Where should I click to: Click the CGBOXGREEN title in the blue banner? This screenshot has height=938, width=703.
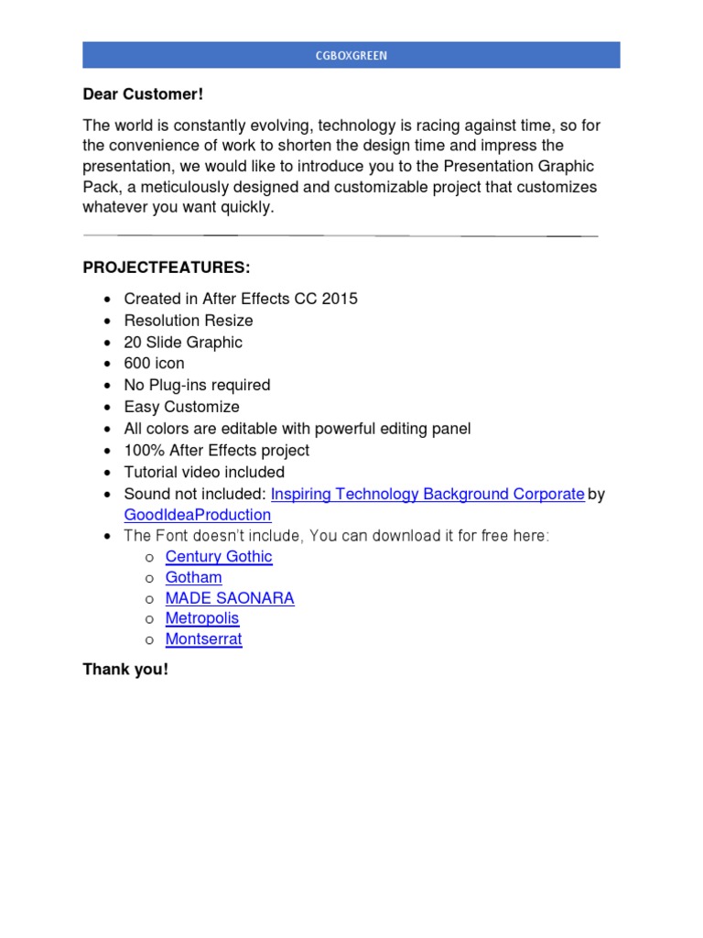pyautogui.click(x=351, y=56)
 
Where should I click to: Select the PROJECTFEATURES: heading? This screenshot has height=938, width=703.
pyautogui.click(x=166, y=267)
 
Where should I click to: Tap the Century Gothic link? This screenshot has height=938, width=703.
pyautogui.click(x=219, y=556)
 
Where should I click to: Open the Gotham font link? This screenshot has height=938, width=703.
pyautogui.click(x=193, y=577)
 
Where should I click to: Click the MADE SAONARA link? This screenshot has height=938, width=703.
pyautogui.click(x=230, y=598)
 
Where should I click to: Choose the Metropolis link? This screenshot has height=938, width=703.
pyautogui.click(x=202, y=618)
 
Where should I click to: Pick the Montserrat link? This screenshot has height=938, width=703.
pyautogui.click(x=203, y=639)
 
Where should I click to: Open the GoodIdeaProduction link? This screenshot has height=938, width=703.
pyautogui.click(x=198, y=516)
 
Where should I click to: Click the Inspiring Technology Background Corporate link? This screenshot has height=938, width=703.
pyautogui.click(x=427, y=494)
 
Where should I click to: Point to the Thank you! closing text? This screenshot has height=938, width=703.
pyautogui.click(x=125, y=670)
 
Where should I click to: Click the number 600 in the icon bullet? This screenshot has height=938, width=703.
pyautogui.click(x=136, y=364)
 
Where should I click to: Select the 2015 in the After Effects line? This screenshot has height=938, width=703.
pyautogui.click(x=340, y=299)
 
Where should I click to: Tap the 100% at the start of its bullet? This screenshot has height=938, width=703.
pyautogui.click(x=141, y=451)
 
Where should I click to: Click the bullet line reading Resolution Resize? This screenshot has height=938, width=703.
pyautogui.click(x=189, y=321)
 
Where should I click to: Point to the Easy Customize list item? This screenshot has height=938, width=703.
pyautogui.click(x=181, y=407)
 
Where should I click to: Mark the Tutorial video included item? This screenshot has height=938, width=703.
pyautogui.click(x=204, y=473)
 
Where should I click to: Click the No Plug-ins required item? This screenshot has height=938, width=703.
pyautogui.click(x=197, y=386)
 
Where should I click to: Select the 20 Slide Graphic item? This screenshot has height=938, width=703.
pyautogui.click(x=183, y=343)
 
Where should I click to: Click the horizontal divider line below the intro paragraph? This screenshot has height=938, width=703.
pyautogui.click(x=340, y=236)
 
